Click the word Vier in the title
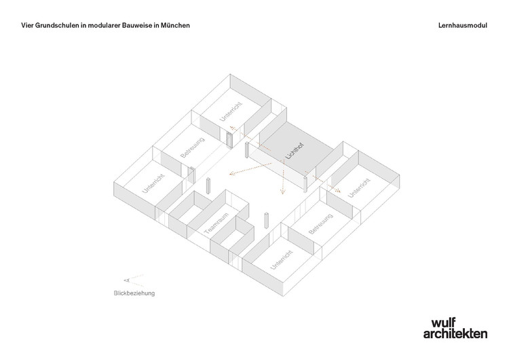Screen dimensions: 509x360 tap(28, 25)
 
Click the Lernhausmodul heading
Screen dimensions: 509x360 tap(463, 25)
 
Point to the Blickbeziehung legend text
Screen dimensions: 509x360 tap(134, 293)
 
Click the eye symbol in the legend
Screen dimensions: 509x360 tap(126, 280)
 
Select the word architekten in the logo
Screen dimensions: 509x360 tap(455, 334)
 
